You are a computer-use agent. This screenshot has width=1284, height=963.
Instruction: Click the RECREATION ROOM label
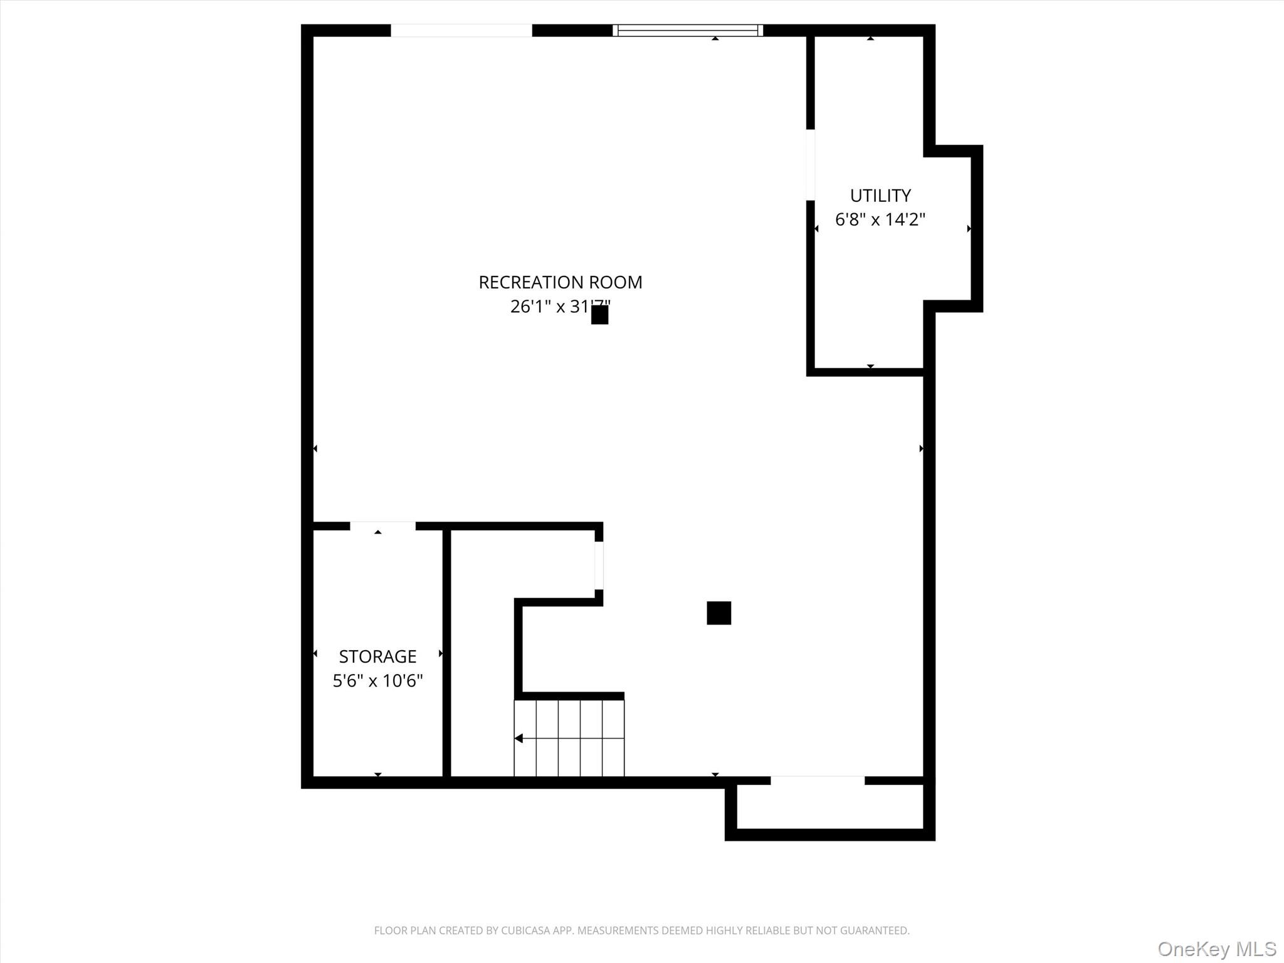pos(560,282)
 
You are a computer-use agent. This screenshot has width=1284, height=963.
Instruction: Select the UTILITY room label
pos(880,196)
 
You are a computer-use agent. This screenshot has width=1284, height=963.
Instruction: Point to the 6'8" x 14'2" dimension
pos(880,219)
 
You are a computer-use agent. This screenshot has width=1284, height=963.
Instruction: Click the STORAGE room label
pos(377,656)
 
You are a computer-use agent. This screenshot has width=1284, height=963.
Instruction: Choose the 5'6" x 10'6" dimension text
pos(377,680)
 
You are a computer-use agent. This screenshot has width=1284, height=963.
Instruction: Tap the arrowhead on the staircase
pos(518,739)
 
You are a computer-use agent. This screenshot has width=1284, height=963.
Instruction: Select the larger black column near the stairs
pos(718,613)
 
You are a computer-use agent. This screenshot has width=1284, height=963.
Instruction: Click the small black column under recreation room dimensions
pos(599,315)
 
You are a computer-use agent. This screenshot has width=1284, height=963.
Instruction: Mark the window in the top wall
pos(688,30)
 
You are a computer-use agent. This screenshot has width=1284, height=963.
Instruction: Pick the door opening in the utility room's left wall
pos(810,165)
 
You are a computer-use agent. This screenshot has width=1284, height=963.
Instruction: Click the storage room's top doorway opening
pos(382,526)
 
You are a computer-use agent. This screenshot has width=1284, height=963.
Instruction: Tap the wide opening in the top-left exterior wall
pos(461,30)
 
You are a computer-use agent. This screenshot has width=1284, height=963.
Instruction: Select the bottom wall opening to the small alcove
pos(817,781)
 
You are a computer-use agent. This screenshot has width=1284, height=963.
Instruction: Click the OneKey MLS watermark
pos(1216,949)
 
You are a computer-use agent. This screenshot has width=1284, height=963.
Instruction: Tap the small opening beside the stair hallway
pos(599,565)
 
